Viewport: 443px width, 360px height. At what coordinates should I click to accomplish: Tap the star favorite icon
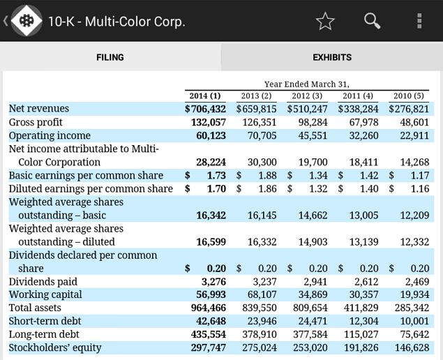pyautogui.click(x=325, y=21)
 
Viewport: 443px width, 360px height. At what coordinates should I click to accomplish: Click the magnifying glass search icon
pyautogui.click(x=373, y=21)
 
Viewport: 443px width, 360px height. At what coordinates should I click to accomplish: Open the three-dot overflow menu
pyautogui.click(x=419, y=21)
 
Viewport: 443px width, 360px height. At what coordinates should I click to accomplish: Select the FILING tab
pyautogui.click(x=110, y=57)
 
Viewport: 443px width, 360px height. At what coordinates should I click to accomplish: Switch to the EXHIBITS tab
pyautogui.click(x=332, y=57)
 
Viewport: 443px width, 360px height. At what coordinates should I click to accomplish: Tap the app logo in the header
pyautogui.click(x=27, y=21)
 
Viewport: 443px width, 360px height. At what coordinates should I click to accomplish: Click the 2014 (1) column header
pyautogui.click(x=205, y=96)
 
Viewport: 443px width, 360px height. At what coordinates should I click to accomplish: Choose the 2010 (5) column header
pyautogui.click(x=408, y=96)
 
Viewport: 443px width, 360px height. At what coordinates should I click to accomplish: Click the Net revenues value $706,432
pyautogui.click(x=205, y=109)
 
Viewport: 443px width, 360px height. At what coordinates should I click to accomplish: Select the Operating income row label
pyautogui.click(x=50, y=135)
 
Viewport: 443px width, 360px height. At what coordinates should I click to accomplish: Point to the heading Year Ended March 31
pyautogui.click(x=307, y=84)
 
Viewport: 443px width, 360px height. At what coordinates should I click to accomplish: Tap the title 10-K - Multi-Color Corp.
pyautogui.click(x=117, y=21)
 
